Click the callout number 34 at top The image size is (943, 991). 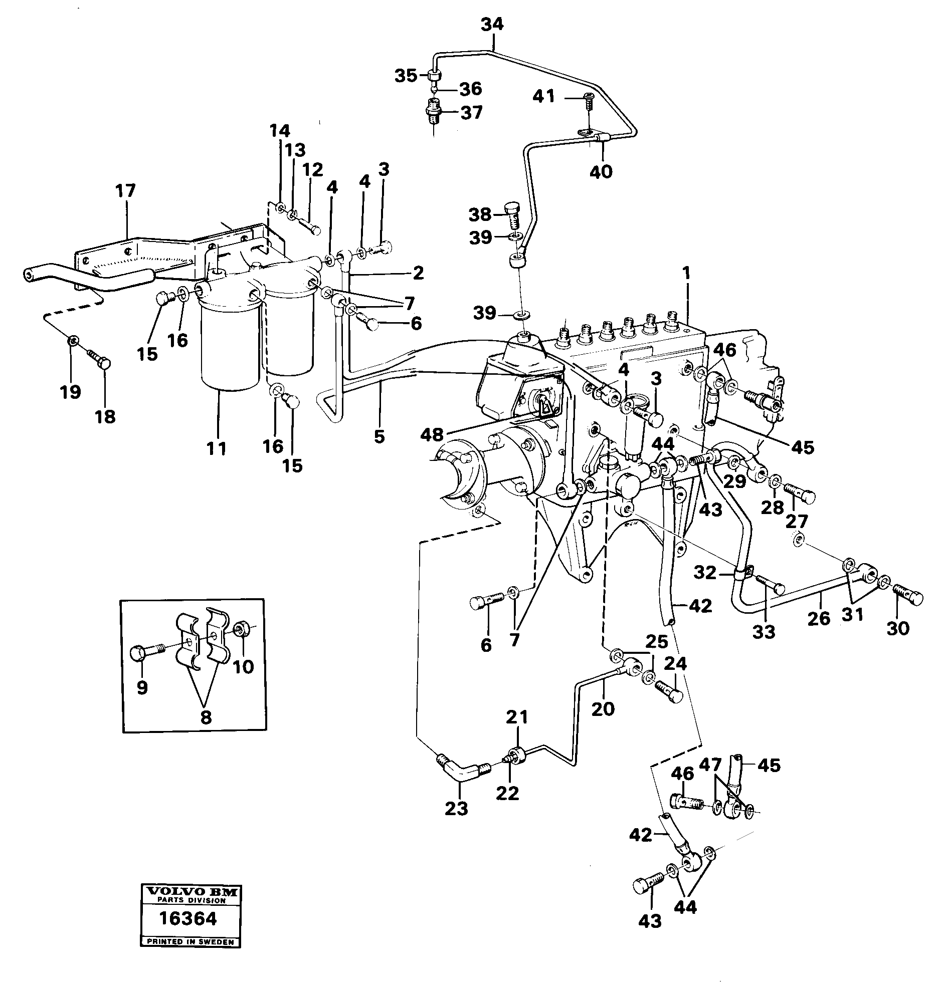click(492, 24)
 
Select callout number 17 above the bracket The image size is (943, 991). click(125, 191)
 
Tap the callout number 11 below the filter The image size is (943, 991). click(217, 448)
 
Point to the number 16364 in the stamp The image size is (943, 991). click(188, 918)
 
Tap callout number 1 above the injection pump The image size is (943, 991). click(686, 274)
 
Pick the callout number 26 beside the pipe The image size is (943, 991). click(819, 618)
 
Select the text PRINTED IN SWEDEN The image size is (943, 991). click(190, 942)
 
